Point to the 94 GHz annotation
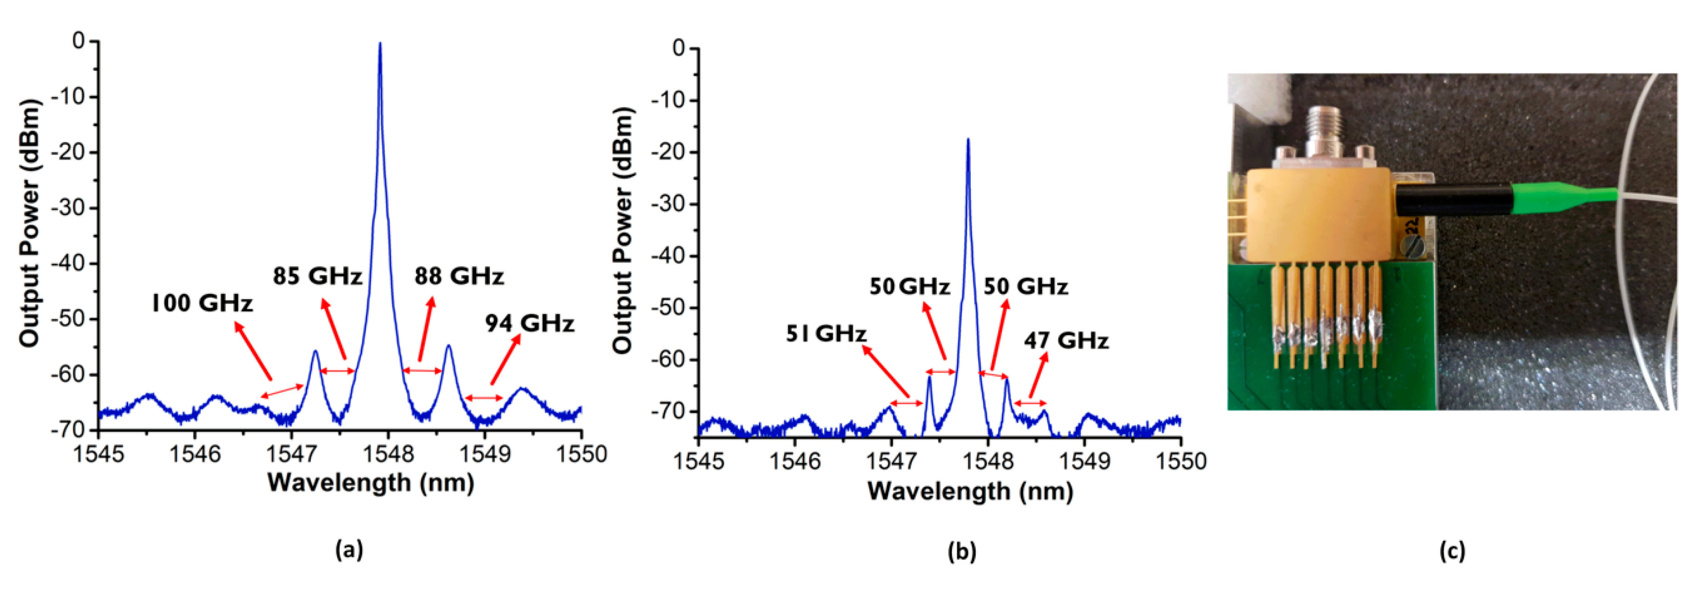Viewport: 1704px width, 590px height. tap(529, 323)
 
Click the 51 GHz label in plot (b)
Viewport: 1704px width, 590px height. tap(826, 333)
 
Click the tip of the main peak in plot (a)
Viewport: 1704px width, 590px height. tap(380, 44)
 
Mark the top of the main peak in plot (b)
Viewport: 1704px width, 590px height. tap(968, 140)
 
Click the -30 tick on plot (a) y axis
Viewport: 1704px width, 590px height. tap(69, 208)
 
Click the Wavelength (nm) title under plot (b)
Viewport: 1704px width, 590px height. tap(970, 491)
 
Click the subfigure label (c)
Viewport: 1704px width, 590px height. tap(1452, 550)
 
